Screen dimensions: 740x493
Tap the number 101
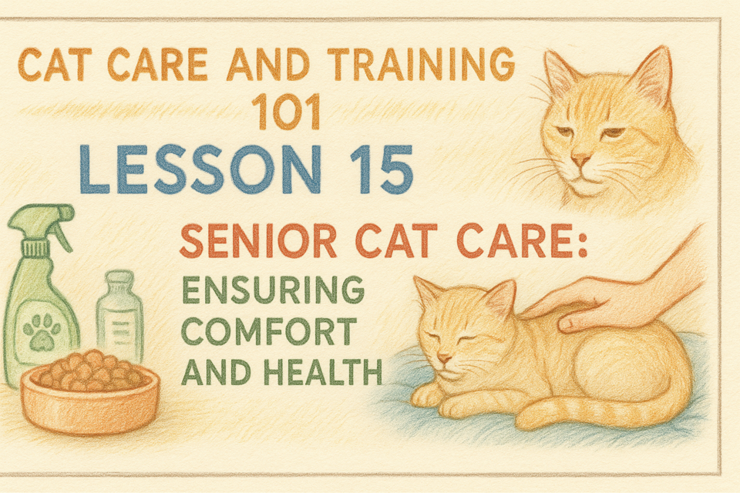click(286, 112)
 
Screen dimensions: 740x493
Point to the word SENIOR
click(257, 241)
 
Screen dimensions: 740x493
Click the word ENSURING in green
click(273, 290)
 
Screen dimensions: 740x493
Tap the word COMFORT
click(268, 331)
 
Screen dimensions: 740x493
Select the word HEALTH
click(323, 371)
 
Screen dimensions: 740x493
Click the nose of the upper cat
click(580, 160)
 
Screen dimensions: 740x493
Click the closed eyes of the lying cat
click(451, 337)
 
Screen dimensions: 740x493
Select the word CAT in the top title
click(55, 64)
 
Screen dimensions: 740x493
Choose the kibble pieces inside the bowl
click(89, 370)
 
